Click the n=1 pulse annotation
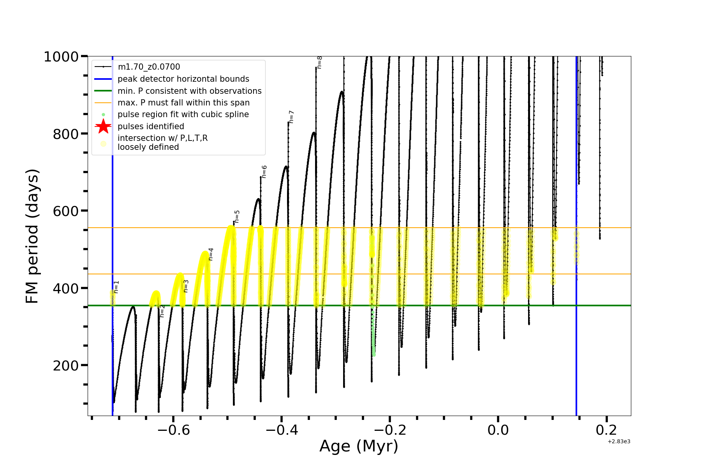coord(116,287)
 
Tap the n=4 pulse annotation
coord(211,254)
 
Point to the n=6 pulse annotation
coord(264,172)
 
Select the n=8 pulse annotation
coord(319,62)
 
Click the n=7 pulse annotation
coord(291,117)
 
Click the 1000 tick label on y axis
coord(62,57)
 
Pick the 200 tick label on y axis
coord(66,366)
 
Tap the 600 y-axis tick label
coord(66,211)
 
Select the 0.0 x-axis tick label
coord(498,430)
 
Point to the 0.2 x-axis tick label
coord(606,430)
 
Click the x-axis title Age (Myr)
coord(359,446)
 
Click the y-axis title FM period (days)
coord(32,236)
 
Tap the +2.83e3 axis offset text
coord(619,441)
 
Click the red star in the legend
coord(103,126)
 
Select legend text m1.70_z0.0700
coord(149,67)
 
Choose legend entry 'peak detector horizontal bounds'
coord(183,79)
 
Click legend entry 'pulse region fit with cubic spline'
coord(183,114)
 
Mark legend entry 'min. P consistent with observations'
coord(189,91)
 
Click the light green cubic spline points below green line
coord(373,335)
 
